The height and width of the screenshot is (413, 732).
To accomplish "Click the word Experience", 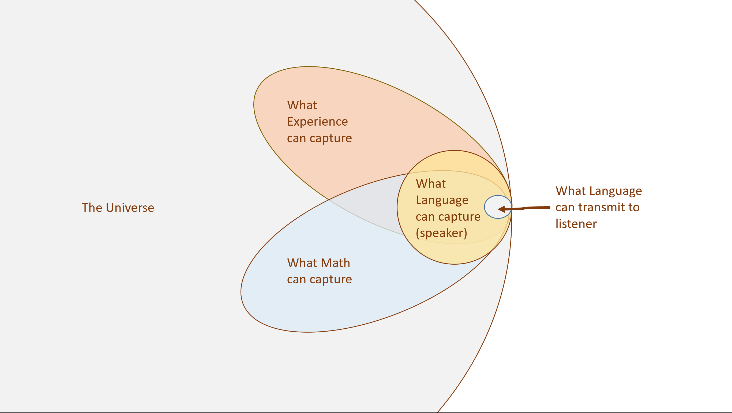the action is (317, 122).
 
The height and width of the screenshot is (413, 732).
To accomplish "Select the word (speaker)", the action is (441, 233).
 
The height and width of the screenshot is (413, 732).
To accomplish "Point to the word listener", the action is (576, 224).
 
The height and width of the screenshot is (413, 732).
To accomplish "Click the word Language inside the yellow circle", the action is (442, 200).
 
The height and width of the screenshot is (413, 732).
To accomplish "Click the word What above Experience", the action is (302, 105).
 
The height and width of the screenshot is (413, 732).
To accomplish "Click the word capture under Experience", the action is (331, 138).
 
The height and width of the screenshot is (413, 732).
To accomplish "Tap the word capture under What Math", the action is (331, 280).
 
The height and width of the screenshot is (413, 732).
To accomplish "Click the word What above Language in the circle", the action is (430, 184).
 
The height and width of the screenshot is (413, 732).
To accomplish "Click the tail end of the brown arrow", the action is (549, 208).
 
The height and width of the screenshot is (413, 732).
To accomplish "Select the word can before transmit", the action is (565, 208).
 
